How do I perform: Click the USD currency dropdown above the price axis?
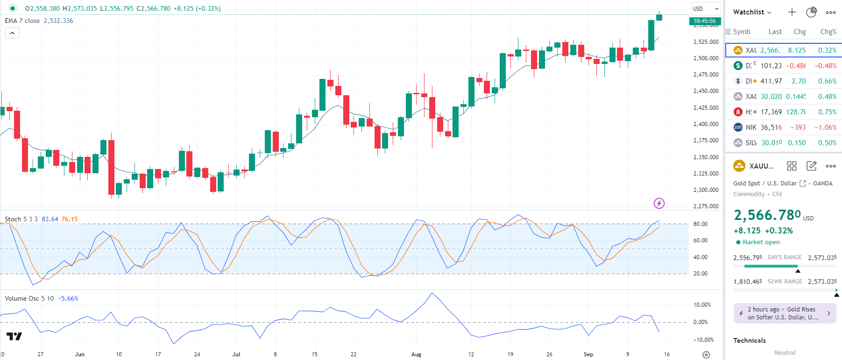coord(705,8)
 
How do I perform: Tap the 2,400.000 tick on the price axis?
coord(706,124)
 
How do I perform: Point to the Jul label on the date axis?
coord(236,354)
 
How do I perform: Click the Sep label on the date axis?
coord(588,354)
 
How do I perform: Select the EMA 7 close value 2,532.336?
coord(58,21)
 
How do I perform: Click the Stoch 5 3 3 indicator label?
coord(21,219)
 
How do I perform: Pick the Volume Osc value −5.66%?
coord(68,298)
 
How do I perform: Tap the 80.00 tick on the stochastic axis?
coord(700,224)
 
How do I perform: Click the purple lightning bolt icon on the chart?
coord(659,203)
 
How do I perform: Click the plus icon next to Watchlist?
coord(792,12)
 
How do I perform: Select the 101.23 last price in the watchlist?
coord(771,66)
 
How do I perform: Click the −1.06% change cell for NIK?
coord(825,127)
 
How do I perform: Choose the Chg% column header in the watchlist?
coord(828,32)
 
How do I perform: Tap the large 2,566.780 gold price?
coord(767,215)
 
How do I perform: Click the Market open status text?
coord(761,242)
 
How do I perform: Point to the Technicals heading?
coord(750,340)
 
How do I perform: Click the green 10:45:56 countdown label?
coord(705,21)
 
